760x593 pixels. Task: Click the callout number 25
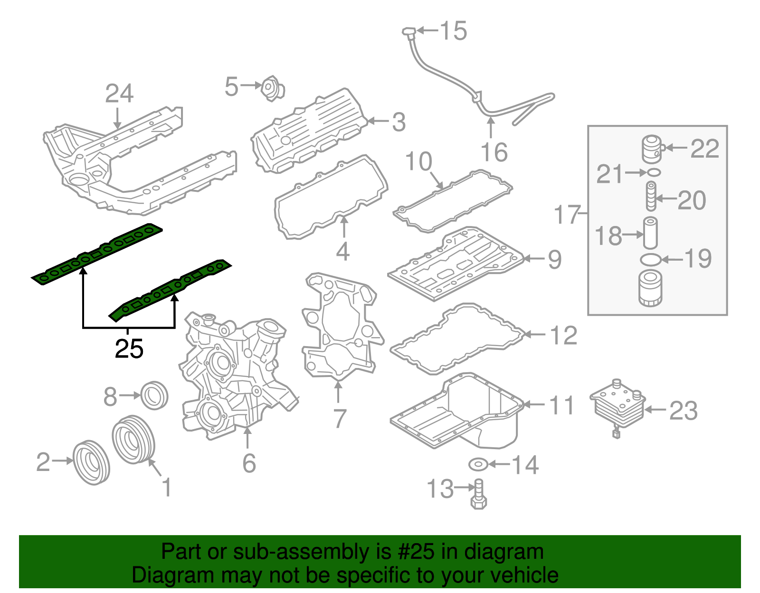click(129, 349)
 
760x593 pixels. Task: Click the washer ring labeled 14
click(477, 464)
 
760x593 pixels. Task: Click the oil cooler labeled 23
click(617, 407)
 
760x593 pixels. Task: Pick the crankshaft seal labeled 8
click(155, 395)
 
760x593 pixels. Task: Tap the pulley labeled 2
click(91, 462)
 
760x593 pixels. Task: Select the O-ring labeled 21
click(654, 172)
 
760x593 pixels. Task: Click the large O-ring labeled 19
click(650, 259)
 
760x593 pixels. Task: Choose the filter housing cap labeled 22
click(652, 149)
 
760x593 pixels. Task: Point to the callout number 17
click(567, 215)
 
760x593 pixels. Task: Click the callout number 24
click(119, 94)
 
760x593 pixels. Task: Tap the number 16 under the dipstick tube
click(494, 152)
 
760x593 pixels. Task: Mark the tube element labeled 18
click(650, 233)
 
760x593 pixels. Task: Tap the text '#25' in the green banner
click(413, 552)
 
